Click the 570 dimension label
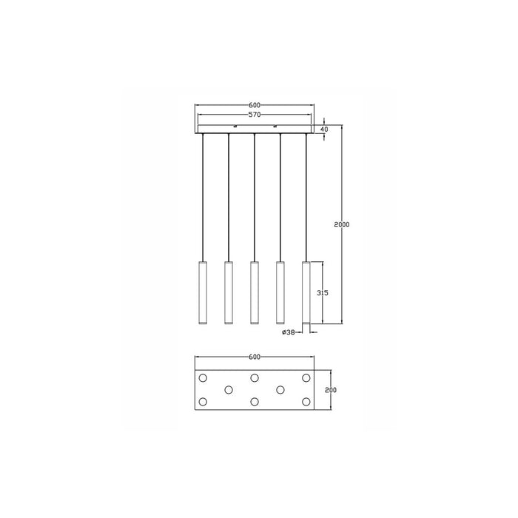tap(254, 115)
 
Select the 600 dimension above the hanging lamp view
tap(254, 105)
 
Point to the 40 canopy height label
tap(324, 129)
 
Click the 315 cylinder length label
tap(322, 293)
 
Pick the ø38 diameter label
tap(289, 332)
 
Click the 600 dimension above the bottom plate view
tap(254, 357)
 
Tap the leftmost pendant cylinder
tap(203, 292)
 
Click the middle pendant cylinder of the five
tap(254, 292)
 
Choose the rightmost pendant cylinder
tap(306, 292)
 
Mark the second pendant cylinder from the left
tap(228, 292)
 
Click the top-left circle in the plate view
tap(203, 378)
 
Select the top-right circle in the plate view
tap(306, 378)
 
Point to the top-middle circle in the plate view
tap(254, 378)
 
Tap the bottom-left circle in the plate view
tap(203, 402)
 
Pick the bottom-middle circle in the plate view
tap(254, 402)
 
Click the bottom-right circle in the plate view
tap(306, 402)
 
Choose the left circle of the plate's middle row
tap(228, 389)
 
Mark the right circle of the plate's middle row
tap(280, 389)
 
